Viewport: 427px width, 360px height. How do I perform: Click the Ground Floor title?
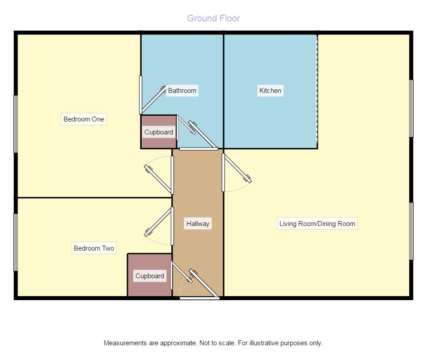tap(213, 18)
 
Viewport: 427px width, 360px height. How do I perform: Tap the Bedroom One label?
tap(84, 119)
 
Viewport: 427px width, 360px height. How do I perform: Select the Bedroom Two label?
tap(94, 248)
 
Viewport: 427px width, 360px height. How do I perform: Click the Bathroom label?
tap(182, 91)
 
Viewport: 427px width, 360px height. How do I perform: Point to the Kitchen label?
tap(270, 91)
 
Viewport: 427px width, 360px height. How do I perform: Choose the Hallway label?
tap(198, 224)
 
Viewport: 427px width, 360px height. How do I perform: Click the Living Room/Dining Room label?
tap(317, 224)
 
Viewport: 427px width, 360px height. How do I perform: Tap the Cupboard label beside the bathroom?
tap(159, 132)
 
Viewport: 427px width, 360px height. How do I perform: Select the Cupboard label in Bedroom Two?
tap(150, 276)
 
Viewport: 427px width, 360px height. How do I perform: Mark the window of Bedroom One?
tap(16, 124)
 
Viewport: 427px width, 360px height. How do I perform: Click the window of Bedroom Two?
tap(16, 242)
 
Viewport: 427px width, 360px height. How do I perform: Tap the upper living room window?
tap(411, 109)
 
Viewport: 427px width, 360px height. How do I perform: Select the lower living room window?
tap(411, 231)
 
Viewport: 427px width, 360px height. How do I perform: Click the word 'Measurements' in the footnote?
tap(125, 343)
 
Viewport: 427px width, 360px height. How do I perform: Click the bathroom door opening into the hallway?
tap(204, 134)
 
